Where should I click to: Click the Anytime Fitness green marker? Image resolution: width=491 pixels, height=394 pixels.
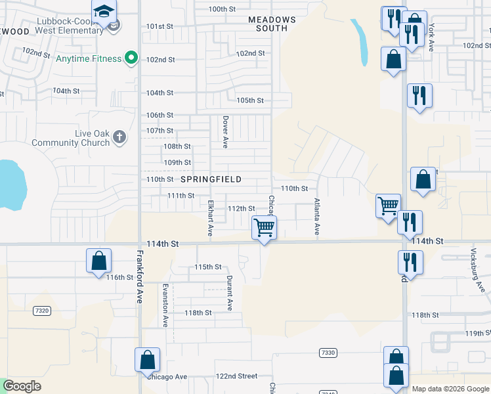pyautogui.click(x=131, y=58)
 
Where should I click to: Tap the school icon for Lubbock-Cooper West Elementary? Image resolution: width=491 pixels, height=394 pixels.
pyautogui.click(x=104, y=12)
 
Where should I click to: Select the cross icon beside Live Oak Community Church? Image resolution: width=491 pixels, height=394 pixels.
pyautogui.click(x=119, y=137)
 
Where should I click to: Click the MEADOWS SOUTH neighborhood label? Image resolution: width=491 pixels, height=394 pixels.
pyautogui.click(x=272, y=24)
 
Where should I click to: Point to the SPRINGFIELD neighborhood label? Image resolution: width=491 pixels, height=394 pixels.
pyautogui.click(x=211, y=179)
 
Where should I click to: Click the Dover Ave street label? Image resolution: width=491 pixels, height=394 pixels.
pyautogui.click(x=225, y=132)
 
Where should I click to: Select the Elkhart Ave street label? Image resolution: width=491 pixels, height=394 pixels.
pyautogui.click(x=211, y=218)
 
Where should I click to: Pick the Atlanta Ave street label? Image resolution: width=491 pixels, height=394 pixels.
pyautogui.click(x=316, y=217)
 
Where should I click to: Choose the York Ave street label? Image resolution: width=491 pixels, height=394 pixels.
pyautogui.click(x=431, y=37)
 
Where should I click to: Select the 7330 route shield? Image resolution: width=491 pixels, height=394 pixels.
pyautogui.click(x=328, y=353)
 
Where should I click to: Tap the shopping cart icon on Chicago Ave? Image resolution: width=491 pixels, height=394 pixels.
pyautogui.click(x=264, y=228)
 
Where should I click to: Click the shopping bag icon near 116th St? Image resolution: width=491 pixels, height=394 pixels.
pyautogui.click(x=98, y=261)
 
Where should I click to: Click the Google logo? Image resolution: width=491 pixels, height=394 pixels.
pyautogui.click(x=22, y=387)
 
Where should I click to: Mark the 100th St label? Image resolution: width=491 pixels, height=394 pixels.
pyautogui.click(x=222, y=9)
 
